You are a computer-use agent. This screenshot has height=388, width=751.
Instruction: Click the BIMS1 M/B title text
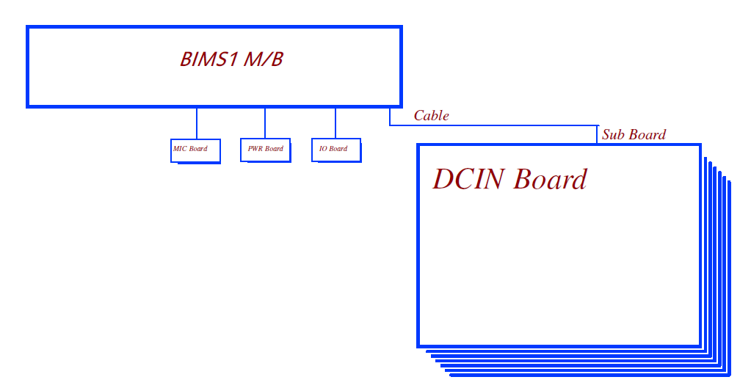pos(231,59)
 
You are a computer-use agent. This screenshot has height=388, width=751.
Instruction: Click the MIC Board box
pos(195,150)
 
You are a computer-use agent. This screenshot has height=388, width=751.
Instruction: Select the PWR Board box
pos(265,150)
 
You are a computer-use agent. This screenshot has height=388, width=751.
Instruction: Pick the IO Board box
pos(335,150)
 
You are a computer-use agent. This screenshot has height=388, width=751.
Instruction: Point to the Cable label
pos(431,116)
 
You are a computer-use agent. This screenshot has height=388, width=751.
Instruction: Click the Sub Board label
pos(634,135)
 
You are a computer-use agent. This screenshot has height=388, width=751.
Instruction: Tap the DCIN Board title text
pos(509,180)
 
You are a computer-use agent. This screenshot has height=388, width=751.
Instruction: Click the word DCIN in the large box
pos(468,180)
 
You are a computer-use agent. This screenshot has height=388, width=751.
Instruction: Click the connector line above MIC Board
pos(197,122)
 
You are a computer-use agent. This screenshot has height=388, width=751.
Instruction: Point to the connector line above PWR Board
pos(265,122)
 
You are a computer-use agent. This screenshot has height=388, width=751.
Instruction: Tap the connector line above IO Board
pos(335,122)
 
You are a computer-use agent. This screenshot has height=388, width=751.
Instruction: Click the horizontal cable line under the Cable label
pos(492,125)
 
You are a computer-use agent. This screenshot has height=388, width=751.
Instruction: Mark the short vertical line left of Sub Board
pos(597,134)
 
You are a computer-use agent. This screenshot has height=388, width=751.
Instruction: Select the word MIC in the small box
pos(180,149)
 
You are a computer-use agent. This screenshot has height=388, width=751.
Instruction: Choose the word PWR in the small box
pos(255,149)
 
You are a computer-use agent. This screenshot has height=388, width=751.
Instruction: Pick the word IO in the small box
pos(322,149)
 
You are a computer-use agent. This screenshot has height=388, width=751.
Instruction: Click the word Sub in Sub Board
pos(614,135)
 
